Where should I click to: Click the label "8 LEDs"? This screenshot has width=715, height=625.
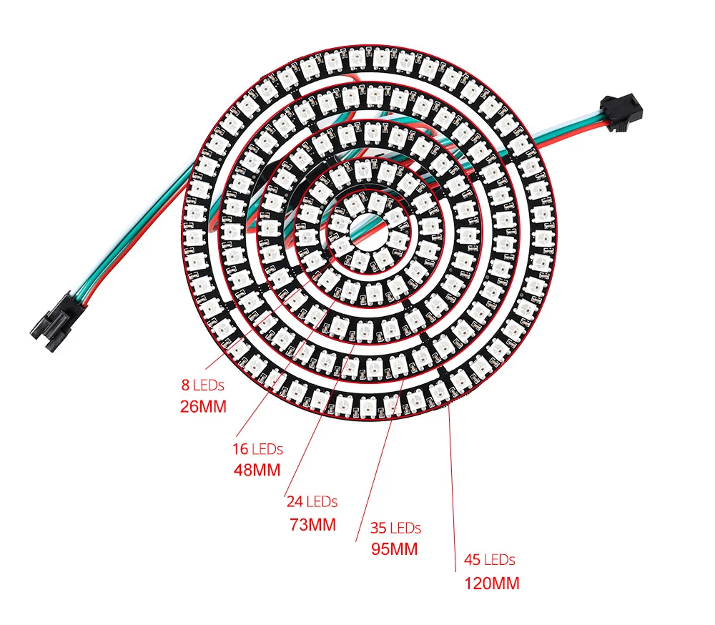pos(202,385)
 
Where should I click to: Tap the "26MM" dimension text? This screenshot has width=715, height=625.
pos(203,407)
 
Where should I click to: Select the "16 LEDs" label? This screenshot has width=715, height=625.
pos(257,450)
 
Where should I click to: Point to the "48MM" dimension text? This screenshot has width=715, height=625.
pos(257,471)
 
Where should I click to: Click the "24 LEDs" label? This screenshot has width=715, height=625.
pos(312,502)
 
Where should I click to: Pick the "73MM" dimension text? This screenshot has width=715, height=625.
pos(312,524)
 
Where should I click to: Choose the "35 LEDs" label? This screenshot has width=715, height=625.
pos(395,528)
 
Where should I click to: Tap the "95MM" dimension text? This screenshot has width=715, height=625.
pos(395,550)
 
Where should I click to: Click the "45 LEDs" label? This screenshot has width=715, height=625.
pos(490,560)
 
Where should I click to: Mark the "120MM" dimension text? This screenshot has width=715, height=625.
pos(492,583)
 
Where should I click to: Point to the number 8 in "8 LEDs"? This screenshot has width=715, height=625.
pos(185,385)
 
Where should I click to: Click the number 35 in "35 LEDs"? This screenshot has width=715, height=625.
pos(378,528)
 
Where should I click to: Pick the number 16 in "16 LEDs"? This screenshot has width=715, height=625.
pos(240,450)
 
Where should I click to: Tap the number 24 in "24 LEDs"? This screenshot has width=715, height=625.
pos(295,502)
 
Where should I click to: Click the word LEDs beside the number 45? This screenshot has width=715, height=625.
pos(499,560)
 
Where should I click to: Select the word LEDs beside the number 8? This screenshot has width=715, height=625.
pos(209,385)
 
